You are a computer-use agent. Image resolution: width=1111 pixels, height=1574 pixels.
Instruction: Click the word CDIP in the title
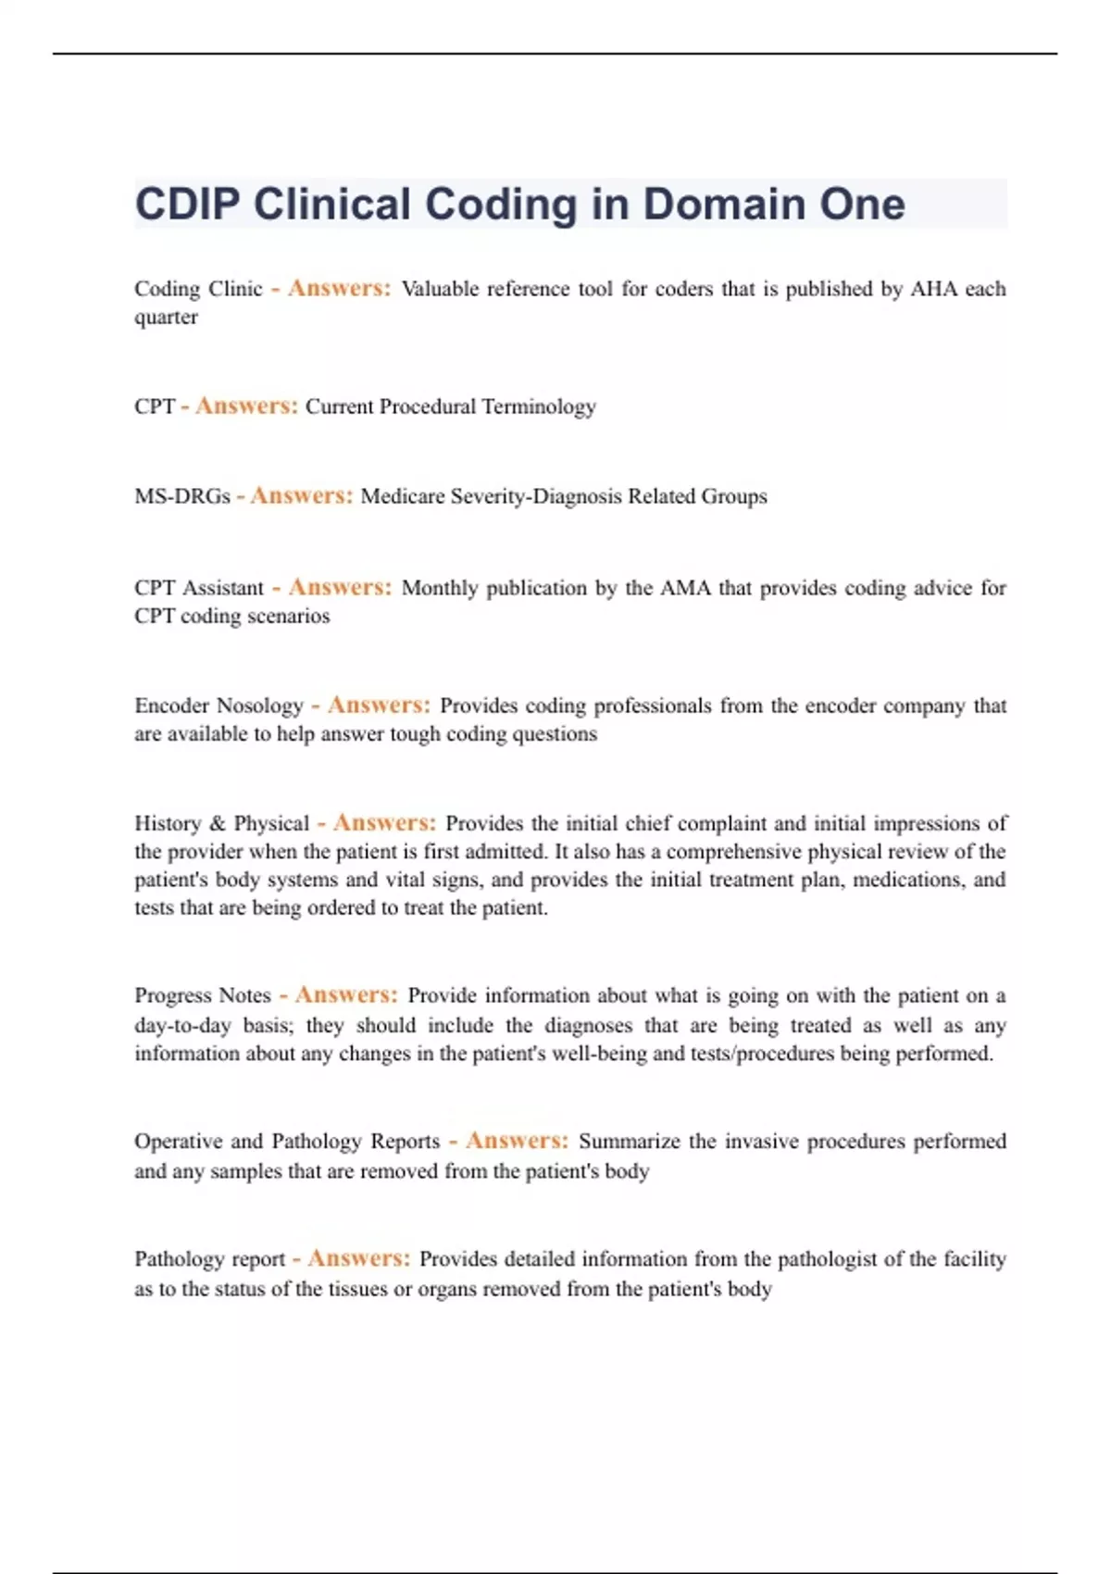pos(188,205)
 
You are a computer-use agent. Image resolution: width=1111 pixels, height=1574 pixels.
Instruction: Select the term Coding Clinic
pos(198,289)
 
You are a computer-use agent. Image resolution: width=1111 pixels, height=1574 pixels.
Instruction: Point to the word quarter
pos(166,318)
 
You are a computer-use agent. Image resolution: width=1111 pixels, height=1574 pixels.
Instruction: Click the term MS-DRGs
pos(182,496)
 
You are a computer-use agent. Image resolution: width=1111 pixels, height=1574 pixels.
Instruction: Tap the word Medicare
pos(403,496)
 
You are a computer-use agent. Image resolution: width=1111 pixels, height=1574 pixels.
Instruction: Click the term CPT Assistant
pos(199,588)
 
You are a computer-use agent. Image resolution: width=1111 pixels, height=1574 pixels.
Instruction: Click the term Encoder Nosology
pos(218,706)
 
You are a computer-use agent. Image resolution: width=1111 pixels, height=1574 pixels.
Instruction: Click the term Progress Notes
pos(203,995)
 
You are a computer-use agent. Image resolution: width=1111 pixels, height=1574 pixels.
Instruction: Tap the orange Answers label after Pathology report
pos(358,1258)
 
